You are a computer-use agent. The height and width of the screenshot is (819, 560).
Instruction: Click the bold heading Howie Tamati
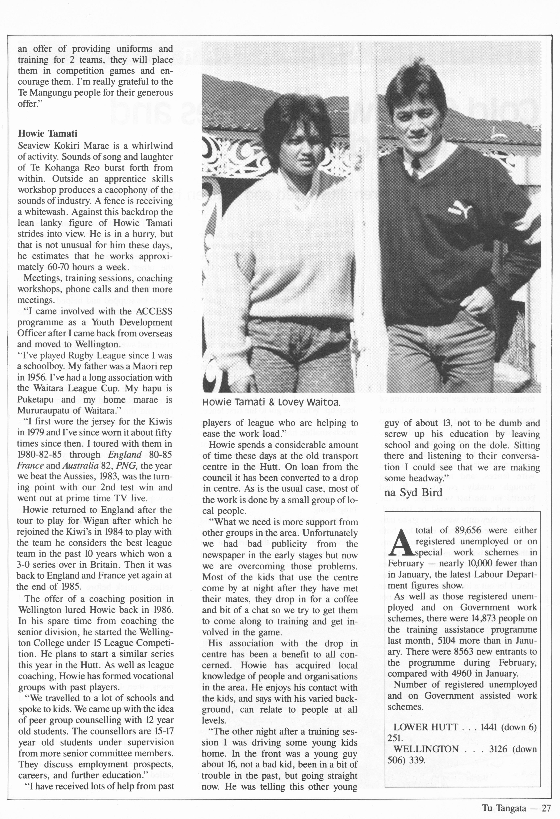48,134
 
